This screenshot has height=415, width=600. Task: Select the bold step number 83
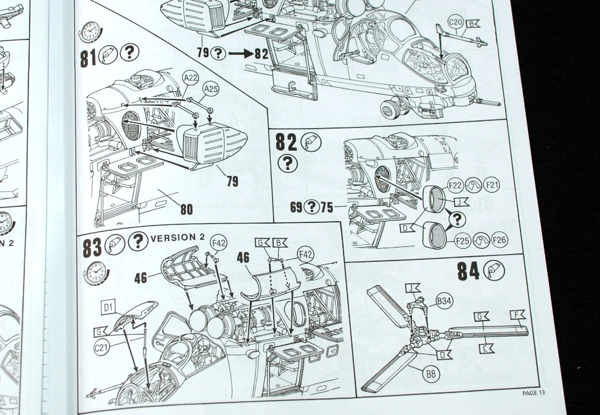91,246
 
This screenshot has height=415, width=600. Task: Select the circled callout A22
191,78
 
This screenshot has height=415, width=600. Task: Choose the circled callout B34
444,300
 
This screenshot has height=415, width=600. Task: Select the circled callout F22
455,186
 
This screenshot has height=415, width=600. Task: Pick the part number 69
296,207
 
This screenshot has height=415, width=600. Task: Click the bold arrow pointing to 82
240,54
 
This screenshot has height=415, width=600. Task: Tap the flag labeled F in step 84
517,314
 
